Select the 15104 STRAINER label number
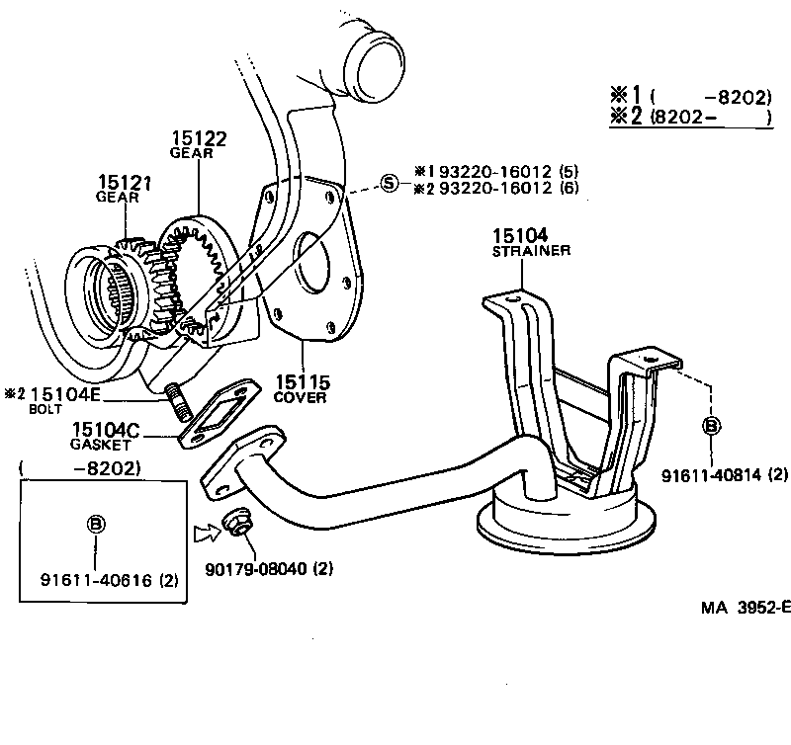517,235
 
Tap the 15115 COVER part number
304,381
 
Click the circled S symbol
390,182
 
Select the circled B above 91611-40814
710,426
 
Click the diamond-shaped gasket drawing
220,414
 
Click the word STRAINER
531,251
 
